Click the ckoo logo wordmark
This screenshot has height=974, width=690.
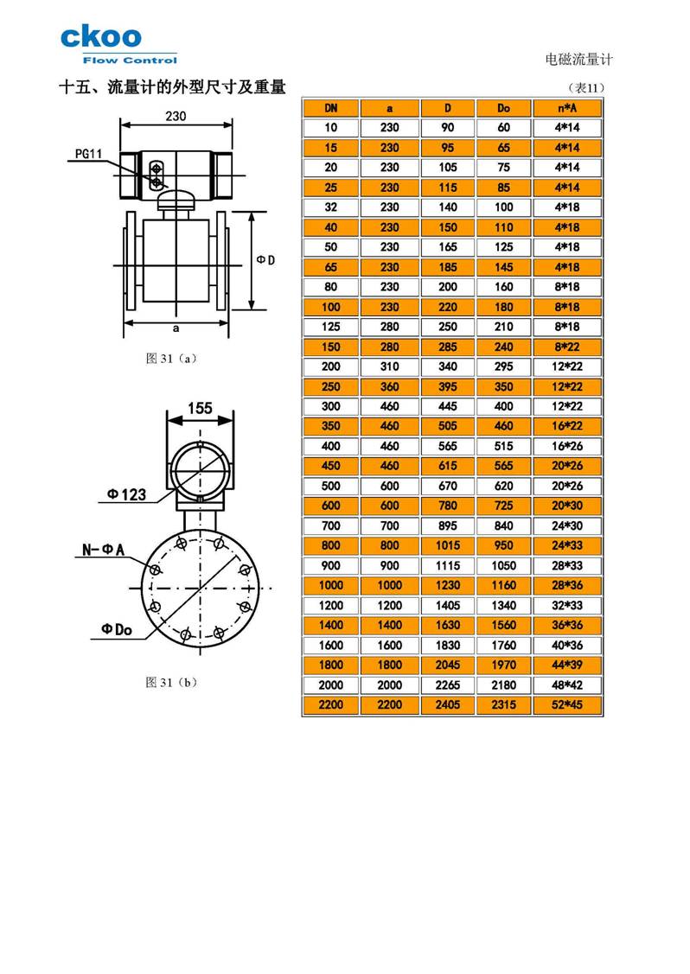point(100,38)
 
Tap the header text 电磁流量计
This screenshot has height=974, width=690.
point(578,60)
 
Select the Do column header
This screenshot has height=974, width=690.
point(504,108)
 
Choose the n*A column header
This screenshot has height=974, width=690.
point(567,108)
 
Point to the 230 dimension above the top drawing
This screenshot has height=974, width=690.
point(176,117)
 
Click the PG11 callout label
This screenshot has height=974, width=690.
point(89,155)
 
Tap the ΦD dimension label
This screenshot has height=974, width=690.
point(266,260)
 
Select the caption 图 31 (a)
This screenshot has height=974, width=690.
point(171,358)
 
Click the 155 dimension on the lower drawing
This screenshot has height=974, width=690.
point(200,410)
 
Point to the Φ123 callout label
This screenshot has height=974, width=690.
point(126,494)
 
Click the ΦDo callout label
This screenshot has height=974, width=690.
point(112,630)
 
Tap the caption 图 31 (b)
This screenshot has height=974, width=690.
point(171,682)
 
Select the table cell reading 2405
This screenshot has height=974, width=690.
point(448,705)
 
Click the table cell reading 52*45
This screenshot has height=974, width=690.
point(567,705)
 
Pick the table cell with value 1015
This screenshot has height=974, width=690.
point(448,545)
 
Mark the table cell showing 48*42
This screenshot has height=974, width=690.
point(567,685)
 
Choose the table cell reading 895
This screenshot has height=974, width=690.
point(448,525)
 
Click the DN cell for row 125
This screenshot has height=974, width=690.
point(330,327)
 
